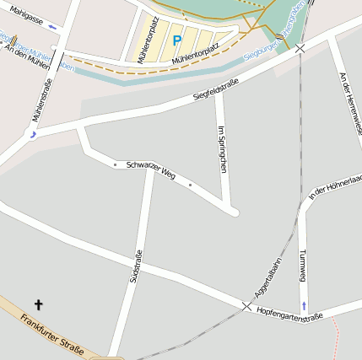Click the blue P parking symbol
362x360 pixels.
tap(176, 40)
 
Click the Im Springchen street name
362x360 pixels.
tap(222, 148)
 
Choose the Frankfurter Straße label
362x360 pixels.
tap(52, 334)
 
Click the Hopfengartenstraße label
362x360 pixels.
tap(289, 314)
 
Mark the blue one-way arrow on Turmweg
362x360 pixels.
tap(304, 304)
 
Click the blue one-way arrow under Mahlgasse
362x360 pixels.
tap(53, 26)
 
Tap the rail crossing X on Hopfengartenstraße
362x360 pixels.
tap(246, 305)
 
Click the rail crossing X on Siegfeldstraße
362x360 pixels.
tap(300, 48)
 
